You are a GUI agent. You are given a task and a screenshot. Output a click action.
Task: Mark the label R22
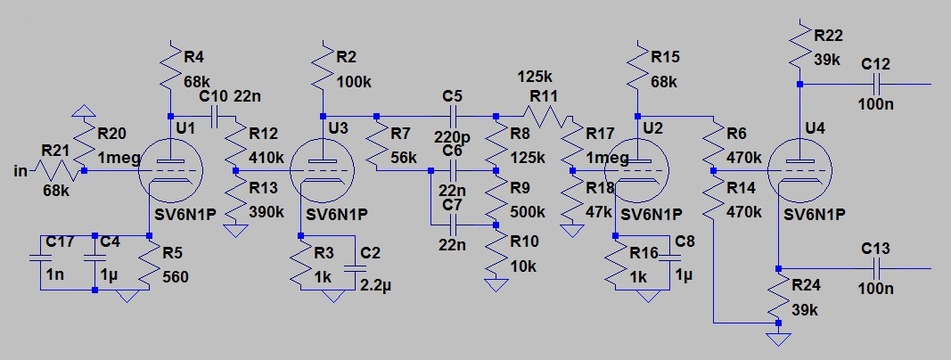[x=828, y=35]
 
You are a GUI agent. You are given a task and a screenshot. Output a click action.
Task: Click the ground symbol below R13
[x=235, y=231]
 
